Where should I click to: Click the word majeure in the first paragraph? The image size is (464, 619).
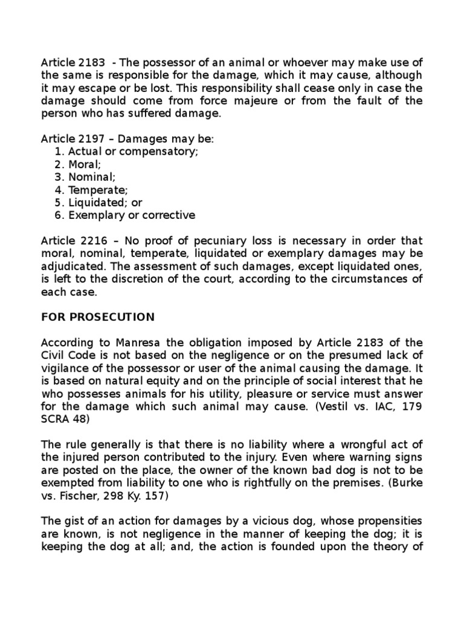pos(254,100)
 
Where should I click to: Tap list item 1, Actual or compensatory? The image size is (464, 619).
pos(133,152)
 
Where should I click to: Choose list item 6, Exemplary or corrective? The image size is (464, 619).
pos(132,215)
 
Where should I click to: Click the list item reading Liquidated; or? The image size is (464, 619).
pos(105,203)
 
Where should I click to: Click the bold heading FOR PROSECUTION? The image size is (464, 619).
pos(98,317)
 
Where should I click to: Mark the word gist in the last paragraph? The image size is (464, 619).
pos(74,520)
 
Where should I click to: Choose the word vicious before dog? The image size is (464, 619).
pos(298,520)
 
